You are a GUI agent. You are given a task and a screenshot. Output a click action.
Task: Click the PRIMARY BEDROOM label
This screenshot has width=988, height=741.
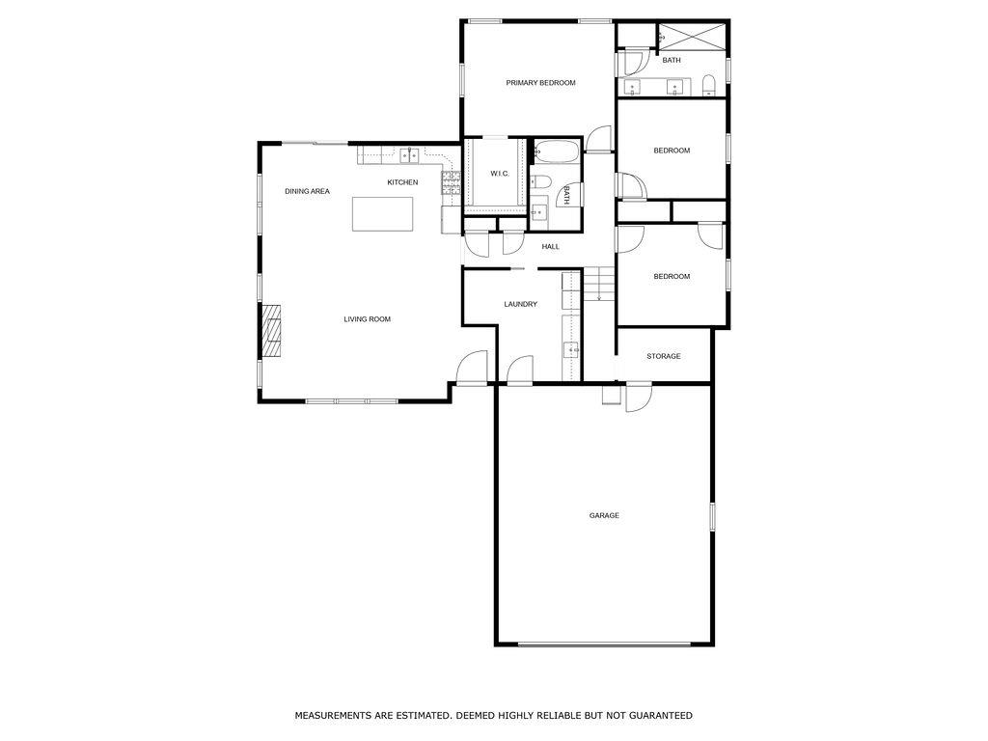540,83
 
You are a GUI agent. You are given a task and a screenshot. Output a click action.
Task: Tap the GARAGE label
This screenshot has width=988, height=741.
604,515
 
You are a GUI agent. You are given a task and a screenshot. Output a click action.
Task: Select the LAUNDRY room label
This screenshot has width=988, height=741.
520,304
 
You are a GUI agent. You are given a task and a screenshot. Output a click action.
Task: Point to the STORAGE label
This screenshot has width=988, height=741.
663,356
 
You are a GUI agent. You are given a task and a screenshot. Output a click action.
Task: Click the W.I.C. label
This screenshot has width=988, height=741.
499,174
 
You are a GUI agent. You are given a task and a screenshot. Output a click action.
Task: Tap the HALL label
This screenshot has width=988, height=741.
550,246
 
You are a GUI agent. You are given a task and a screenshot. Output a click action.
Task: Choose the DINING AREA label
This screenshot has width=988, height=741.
307,191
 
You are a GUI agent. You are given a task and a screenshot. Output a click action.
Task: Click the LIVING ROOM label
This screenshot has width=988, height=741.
367,318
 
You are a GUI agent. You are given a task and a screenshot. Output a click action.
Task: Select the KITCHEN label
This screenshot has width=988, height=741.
402,182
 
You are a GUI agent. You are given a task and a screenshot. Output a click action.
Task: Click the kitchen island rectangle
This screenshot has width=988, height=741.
383,213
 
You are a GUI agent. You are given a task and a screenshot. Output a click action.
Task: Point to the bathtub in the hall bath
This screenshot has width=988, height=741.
556,151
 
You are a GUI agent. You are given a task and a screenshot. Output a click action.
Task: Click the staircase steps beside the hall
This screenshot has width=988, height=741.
599,284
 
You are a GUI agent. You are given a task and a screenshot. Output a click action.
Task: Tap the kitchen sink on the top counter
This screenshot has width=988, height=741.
409,153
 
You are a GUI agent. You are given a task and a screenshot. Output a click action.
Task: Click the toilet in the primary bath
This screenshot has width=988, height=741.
708,86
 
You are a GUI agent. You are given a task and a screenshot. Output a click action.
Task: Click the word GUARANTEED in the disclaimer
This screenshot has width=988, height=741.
660,715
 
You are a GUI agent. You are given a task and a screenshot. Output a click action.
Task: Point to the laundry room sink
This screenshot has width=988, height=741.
570,349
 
